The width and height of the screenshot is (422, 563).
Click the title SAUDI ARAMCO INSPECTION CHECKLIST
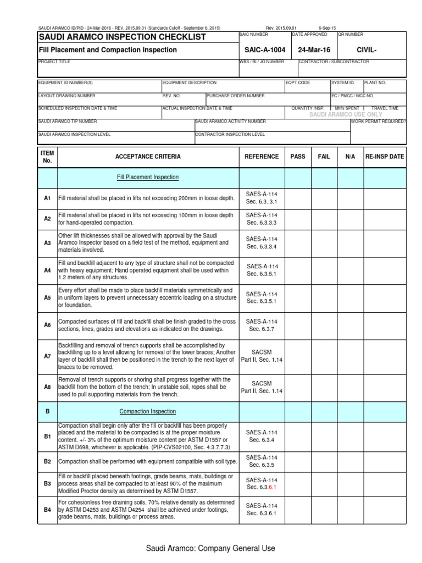point(122,37)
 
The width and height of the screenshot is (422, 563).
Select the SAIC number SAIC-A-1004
point(264,50)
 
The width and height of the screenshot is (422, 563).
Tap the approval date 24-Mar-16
point(314,50)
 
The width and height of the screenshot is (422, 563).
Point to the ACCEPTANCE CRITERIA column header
point(148,157)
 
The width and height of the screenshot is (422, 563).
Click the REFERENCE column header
point(262,157)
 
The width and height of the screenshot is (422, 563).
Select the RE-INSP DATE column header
point(385,157)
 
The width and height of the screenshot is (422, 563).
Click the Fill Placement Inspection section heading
point(148,177)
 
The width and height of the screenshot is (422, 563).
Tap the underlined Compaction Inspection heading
point(148,411)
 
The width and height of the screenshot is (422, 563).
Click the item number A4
point(47,271)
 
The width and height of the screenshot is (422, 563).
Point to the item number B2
point(47,461)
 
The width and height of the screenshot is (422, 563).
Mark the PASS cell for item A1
point(298,198)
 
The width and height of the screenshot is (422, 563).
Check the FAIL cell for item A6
point(324,325)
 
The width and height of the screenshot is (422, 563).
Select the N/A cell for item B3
point(351,483)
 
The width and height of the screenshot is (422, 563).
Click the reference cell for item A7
point(262,356)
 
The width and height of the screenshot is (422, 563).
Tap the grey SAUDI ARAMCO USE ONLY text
point(346,114)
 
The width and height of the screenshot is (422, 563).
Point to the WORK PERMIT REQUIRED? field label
point(378,121)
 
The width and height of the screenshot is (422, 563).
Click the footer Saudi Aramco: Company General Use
point(210,548)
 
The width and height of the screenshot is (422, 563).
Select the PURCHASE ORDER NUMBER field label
point(236,95)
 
